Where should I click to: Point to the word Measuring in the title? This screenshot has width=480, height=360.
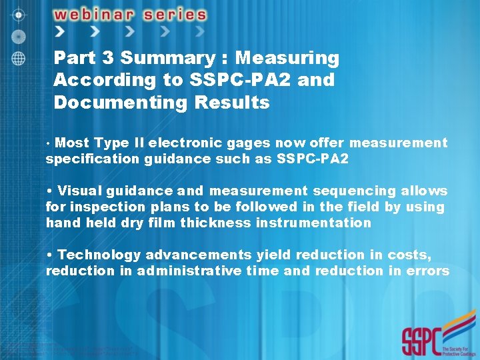287,59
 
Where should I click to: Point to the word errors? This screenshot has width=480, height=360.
427,271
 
